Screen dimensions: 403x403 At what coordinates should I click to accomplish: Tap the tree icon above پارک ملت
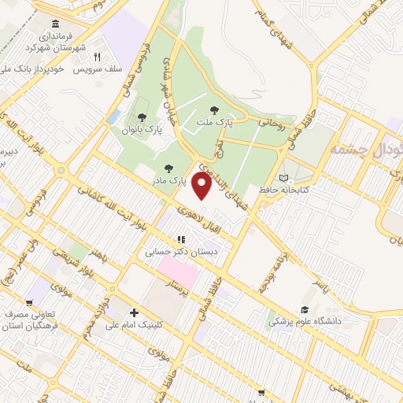pos(214,110)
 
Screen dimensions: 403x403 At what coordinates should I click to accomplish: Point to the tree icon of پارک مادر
pos(168,168)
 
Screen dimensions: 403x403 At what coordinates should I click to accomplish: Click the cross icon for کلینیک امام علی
pos(133,313)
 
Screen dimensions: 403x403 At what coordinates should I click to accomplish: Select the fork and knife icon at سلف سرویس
pos(98,57)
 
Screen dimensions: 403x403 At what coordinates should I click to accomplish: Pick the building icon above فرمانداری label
pos(54,25)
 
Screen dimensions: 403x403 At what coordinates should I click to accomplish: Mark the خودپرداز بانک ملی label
pos(35,69)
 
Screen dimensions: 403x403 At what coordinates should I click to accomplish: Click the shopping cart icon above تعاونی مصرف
pos(30,301)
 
